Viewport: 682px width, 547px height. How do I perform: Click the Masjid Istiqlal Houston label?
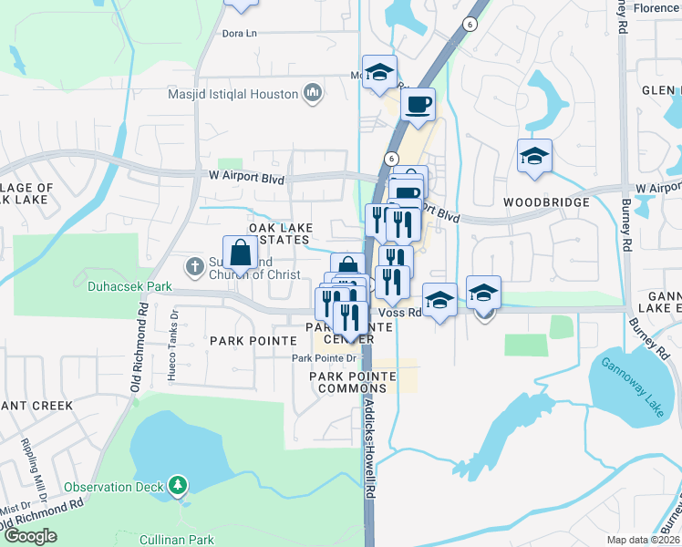[x=233, y=94]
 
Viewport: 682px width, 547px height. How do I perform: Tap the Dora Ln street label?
[x=240, y=34]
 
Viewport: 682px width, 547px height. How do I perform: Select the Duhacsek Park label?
[x=129, y=286]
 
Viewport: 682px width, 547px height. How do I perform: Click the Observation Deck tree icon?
[x=180, y=486]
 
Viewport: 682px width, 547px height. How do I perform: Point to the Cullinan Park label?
[x=176, y=540]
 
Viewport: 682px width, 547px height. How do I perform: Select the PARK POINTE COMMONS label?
[x=353, y=382]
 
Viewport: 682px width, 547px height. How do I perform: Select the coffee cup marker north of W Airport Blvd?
[x=418, y=105]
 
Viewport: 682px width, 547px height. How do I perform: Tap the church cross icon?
[x=193, y=267]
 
